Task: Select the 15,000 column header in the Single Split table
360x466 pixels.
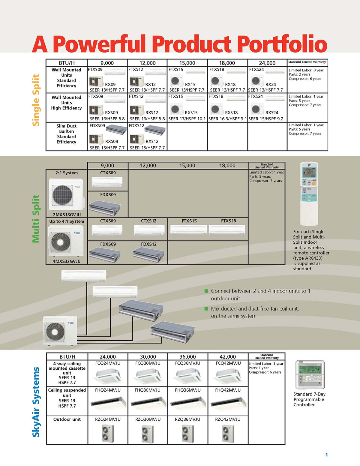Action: coord(187,63)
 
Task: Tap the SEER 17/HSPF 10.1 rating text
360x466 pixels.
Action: coord(187,119)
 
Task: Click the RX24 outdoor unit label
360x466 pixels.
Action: coord(271,85)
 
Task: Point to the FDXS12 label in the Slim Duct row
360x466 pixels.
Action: coord(136,126)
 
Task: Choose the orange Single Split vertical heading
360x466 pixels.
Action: coord(36,100)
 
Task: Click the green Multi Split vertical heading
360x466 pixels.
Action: coord(36,219)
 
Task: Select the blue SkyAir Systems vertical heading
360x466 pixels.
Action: coord(36,402)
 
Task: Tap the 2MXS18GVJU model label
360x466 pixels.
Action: coord(67,215)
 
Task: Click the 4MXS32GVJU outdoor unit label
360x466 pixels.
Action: coord(67,261)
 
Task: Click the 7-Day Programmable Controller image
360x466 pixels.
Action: coord(310,375)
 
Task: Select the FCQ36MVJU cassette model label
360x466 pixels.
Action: coord(187,363)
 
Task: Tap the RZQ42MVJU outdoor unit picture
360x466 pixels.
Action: coord(228,434)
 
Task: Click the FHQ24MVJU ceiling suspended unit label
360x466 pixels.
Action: coord(108,390)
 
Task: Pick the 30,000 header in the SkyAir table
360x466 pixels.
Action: coord(148,357)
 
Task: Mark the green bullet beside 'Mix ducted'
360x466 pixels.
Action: coord(206,309)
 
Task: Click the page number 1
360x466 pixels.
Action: coord(326,455)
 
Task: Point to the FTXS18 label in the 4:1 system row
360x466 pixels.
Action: coord(229,221)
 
